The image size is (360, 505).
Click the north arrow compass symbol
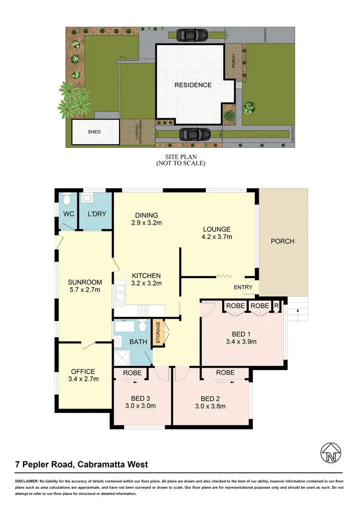click(331, 452)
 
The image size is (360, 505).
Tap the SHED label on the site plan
click(94, 132)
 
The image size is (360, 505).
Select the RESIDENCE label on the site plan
click(192, 85)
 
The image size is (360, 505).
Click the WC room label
click(68, 214)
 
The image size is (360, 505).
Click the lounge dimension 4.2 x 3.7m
click(216, 237)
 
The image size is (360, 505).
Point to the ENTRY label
click(242, 287)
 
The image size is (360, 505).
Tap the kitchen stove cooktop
click(144, 310)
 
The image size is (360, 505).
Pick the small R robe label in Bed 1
click(276, 306)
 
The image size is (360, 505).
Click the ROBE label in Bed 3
click(131, 373)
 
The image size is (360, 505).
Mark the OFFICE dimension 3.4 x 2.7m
click(84, 379)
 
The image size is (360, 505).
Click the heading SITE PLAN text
click(180, 156)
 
